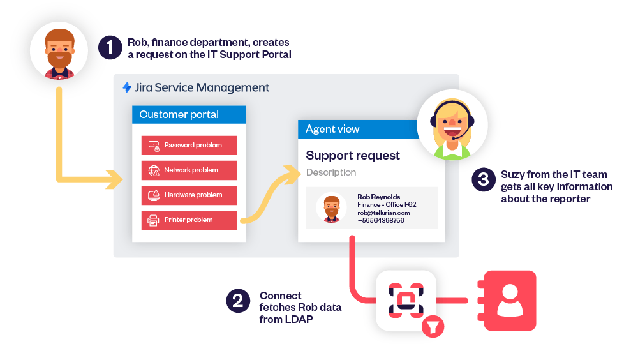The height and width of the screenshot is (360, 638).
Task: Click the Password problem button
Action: point(189,146)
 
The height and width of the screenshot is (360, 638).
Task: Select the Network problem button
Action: point(189,170)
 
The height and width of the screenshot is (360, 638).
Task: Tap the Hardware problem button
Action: point(189,195)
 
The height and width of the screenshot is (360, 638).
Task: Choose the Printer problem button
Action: point(189,220)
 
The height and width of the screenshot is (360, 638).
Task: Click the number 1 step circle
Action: point(110,48)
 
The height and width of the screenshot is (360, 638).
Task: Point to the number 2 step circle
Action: point(238,301)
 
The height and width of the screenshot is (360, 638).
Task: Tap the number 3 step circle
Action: point(484,179)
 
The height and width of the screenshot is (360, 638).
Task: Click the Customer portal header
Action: point(189,114)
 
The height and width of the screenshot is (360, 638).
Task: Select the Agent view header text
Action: point(332,129)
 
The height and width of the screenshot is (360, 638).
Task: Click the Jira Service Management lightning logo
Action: point(127,87)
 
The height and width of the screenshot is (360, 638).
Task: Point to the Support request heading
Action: point(353,156)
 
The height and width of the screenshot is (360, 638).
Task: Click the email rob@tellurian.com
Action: point(383,213)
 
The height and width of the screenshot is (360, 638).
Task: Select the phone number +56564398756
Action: point(381,220)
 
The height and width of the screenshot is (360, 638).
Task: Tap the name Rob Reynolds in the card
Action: point(379,197)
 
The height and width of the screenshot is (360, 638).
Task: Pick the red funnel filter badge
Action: point(433,327)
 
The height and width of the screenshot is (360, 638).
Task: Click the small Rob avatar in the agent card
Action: point(332,207)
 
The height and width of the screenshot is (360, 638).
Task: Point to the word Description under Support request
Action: point(331,173)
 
